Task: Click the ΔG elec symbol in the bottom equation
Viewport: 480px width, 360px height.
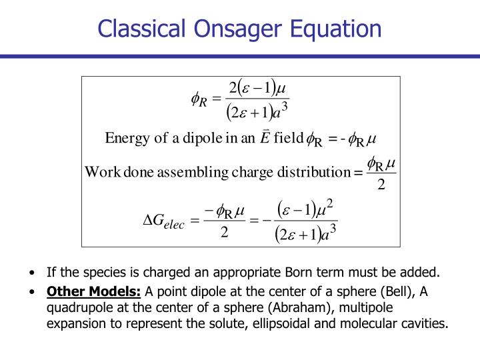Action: click(164, 221)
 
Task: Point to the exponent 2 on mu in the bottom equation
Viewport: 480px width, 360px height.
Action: click(329, 203)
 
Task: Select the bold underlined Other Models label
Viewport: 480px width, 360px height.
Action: click(94, 291)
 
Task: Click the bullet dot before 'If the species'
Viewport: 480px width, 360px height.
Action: click(33, 273)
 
